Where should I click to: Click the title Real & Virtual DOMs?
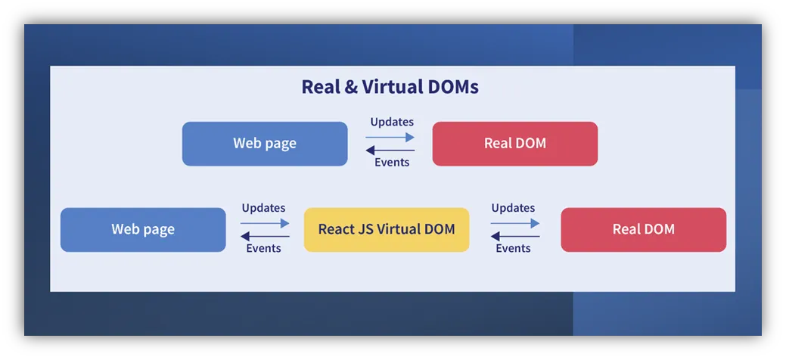coord(390,87)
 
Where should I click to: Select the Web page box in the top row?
coord(265,144)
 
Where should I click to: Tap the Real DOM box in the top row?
coord(515,144)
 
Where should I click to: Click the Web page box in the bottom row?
coord(143,230)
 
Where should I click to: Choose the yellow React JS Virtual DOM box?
coord(387,230)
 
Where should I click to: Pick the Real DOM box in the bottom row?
coord(644,230)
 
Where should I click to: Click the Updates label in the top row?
coord(392,122)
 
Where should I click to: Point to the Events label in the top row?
coord(392,162)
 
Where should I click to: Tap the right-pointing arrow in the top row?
coord(390,137)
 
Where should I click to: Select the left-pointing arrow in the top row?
coord(390,150)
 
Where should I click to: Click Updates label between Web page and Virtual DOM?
coord(264,207)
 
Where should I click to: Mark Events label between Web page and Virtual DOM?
coord(264,248)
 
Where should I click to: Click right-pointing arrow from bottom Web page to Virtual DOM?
coord(265,223)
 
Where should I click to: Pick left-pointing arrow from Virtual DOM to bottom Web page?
coord(265,236)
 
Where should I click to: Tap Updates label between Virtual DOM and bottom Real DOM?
coord(514,207)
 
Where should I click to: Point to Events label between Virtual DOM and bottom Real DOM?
coord(514,248)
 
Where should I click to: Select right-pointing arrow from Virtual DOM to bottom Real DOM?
coord(515,223)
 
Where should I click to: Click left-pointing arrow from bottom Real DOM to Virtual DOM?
coord(515,236)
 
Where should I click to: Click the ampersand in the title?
coord(352,87)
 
